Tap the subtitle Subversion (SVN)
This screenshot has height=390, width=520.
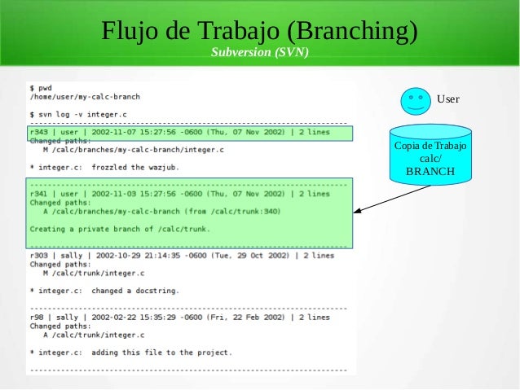click(260, 53)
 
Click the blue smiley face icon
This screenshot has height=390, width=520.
click(416, 99)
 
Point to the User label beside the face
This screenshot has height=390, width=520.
click(448, 99)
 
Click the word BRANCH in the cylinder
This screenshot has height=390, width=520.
click(430, 173)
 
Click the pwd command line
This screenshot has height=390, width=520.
click(41, 86)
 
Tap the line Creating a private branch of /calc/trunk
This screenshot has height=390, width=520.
click(119, 229)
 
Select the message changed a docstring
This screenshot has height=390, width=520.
click(135, 290)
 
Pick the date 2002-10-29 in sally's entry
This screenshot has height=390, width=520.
click(119, 255)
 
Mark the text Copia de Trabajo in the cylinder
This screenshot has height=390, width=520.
click(430, 146)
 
